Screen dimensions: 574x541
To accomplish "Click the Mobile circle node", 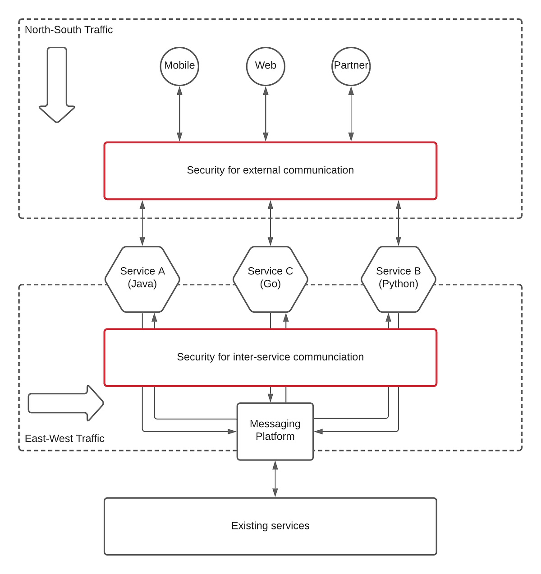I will (179, 66).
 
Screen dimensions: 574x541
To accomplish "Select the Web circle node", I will (266, 66).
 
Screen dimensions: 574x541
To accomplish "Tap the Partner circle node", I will (351, 66).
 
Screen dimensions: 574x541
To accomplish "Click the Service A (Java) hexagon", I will (142, 279).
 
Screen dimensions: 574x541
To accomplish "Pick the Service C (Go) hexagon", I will (270, 279).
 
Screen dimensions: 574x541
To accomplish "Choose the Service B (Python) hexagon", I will (399, 279).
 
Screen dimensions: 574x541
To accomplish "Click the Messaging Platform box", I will (275, 431).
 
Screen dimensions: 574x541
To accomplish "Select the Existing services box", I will (270, 526).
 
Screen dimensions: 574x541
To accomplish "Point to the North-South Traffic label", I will (69, 30).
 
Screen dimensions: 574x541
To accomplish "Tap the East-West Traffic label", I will (64, 438).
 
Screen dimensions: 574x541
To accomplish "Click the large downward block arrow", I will (57, 86).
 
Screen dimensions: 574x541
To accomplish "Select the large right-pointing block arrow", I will (66, 403).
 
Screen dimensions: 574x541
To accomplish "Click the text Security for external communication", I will (270, 170).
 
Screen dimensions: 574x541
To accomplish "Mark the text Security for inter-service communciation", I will (270, 357).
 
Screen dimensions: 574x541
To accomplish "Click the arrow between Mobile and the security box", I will (179, 114).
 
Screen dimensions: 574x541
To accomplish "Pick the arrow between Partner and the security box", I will (351, 114).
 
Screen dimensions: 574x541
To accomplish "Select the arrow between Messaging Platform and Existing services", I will (275, 478).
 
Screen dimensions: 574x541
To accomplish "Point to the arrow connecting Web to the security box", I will (266, 114).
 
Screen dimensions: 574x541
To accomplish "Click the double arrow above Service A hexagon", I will (142, 223).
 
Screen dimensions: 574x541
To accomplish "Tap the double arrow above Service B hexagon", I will (398, 223).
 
